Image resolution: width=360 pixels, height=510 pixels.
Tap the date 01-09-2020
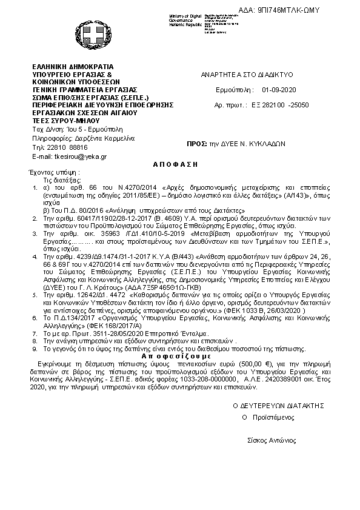(x=278, y=89)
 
